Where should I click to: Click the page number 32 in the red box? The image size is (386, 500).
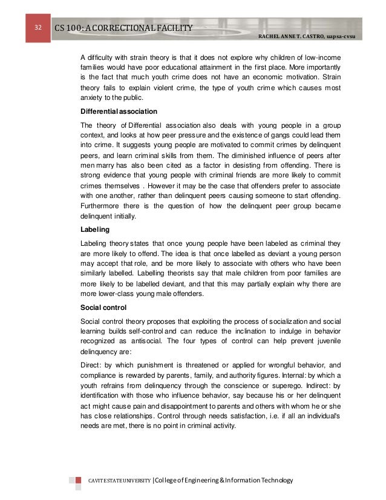tap(38, 28)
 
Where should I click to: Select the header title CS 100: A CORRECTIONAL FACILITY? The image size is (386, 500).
tap(123, 28)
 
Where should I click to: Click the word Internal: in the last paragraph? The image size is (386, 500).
tap(287, 373)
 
